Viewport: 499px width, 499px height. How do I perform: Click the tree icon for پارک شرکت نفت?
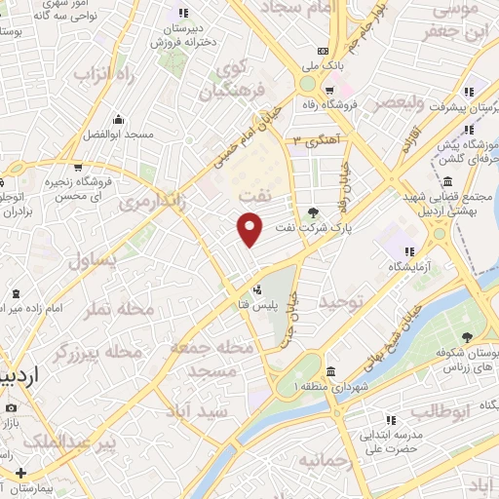(312, 212)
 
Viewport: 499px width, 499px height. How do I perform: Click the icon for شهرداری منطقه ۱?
(331, 371)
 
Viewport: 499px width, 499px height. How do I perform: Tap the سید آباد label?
(224, 411)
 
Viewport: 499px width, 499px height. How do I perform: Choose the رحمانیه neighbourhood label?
(323, 459)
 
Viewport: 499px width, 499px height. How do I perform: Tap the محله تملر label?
(122, 309)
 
